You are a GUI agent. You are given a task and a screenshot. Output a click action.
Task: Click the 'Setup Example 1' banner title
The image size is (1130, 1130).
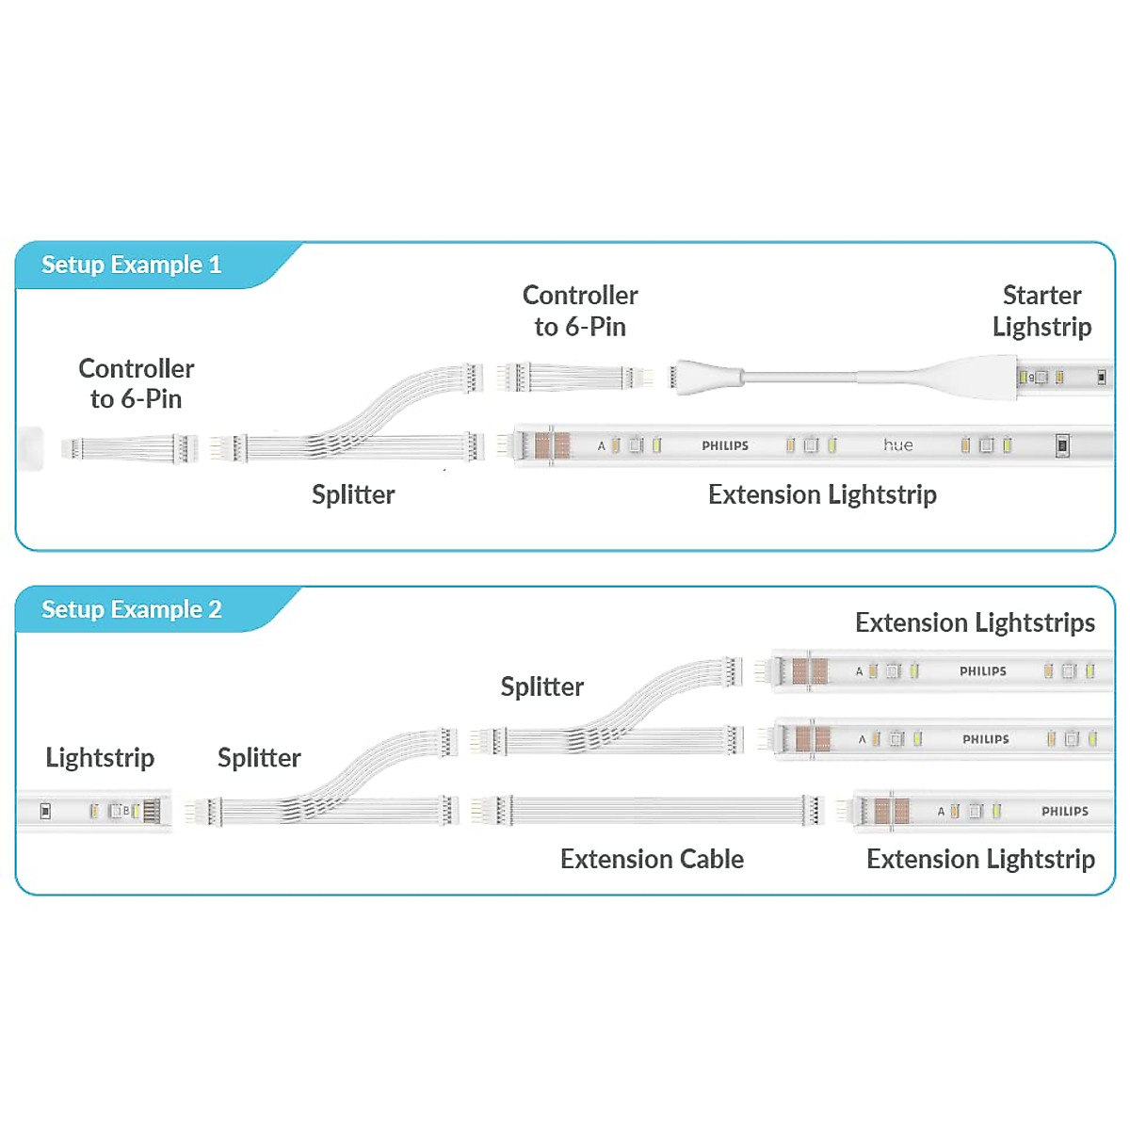pyautogui.click(x=131, y=265)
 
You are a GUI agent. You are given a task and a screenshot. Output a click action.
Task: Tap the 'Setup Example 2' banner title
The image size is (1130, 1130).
pyautogui.click(x=131, y=609)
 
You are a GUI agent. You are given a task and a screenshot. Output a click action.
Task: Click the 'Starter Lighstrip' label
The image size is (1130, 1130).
pyautogui.click(x=1041, y=311)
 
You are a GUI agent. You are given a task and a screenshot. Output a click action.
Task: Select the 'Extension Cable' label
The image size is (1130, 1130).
pyautogui.click(x=652, y=859)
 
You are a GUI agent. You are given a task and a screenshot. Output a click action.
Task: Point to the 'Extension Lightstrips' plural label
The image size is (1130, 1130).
pyautogui.click(x=975, y=622)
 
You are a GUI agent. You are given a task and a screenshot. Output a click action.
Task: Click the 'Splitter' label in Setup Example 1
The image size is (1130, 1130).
pyautogui.click(x=353, y=494)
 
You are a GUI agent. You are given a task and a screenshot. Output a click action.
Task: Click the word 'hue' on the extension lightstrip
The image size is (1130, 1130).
pyautogui.click(x=897, y=444)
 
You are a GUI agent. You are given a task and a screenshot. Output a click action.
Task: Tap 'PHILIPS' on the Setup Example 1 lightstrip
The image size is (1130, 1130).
pyautogui.click(x=724, y=445)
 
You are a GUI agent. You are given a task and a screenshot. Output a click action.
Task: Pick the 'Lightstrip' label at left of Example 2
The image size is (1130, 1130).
pyautogui.click(x=100, y=757)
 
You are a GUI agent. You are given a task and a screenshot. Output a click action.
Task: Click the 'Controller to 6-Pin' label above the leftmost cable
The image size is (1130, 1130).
pyautogui.click(x=137, y=383)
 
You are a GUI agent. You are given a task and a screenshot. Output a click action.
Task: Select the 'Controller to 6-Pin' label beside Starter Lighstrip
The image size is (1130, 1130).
pyautogui.click(x=580, y=311)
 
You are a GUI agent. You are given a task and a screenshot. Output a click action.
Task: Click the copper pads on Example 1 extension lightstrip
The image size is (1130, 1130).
pyautogui.click(x=552, y=444)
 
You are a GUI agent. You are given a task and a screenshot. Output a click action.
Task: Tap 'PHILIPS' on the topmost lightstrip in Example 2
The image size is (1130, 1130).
pyautogui.click(x=982, y=671)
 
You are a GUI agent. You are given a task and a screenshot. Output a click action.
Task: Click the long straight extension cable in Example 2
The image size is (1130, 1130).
pyautogui.click(x=650, y=811)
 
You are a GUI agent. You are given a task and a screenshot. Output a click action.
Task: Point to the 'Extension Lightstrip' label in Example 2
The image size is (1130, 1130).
pyautogui.click(x=980, y=859)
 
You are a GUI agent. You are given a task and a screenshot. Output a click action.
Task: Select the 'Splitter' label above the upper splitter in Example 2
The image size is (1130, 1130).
pyautogui.click(x=541, y=686)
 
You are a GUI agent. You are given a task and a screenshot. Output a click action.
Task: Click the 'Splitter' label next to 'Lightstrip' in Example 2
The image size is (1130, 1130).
pyautogui.click(x=259, y=757)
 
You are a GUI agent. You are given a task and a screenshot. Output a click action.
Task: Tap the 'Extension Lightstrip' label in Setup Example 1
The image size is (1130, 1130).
pyautogui.click(x=822, y=494)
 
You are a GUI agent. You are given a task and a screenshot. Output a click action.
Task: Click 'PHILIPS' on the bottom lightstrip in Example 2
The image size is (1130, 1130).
pyautogui.click(x=1064, y=811)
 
